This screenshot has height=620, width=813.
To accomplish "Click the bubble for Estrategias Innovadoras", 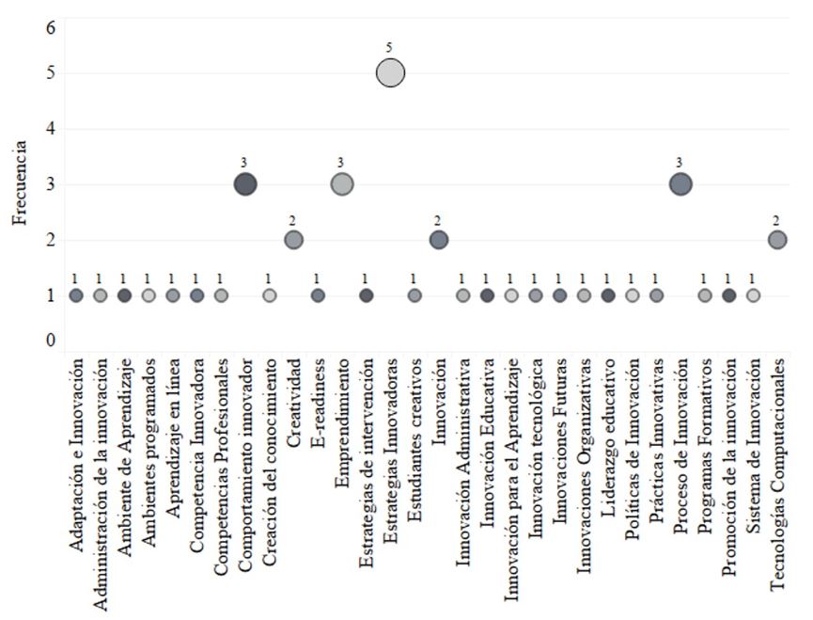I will coord(390,72).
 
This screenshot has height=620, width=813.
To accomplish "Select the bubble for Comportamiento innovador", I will coord(245,184).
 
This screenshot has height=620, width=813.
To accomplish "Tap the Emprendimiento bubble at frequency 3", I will coord(342,184).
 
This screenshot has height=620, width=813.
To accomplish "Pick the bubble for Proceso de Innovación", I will coord(680,184).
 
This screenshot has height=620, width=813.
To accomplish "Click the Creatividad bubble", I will coord(293,240).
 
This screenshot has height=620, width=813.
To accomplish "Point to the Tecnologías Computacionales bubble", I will coord(777,240).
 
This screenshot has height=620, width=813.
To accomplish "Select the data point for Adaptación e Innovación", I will coord(76,295).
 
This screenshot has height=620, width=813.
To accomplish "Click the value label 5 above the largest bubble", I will coord(390,46).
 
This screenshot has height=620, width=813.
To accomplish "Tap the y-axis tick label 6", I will coord(52,27).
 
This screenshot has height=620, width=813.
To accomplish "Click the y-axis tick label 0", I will coord(52,341).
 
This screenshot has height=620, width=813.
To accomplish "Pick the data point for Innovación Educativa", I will coord(487,295).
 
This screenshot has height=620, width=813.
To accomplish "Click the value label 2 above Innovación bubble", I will coord(438,219).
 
